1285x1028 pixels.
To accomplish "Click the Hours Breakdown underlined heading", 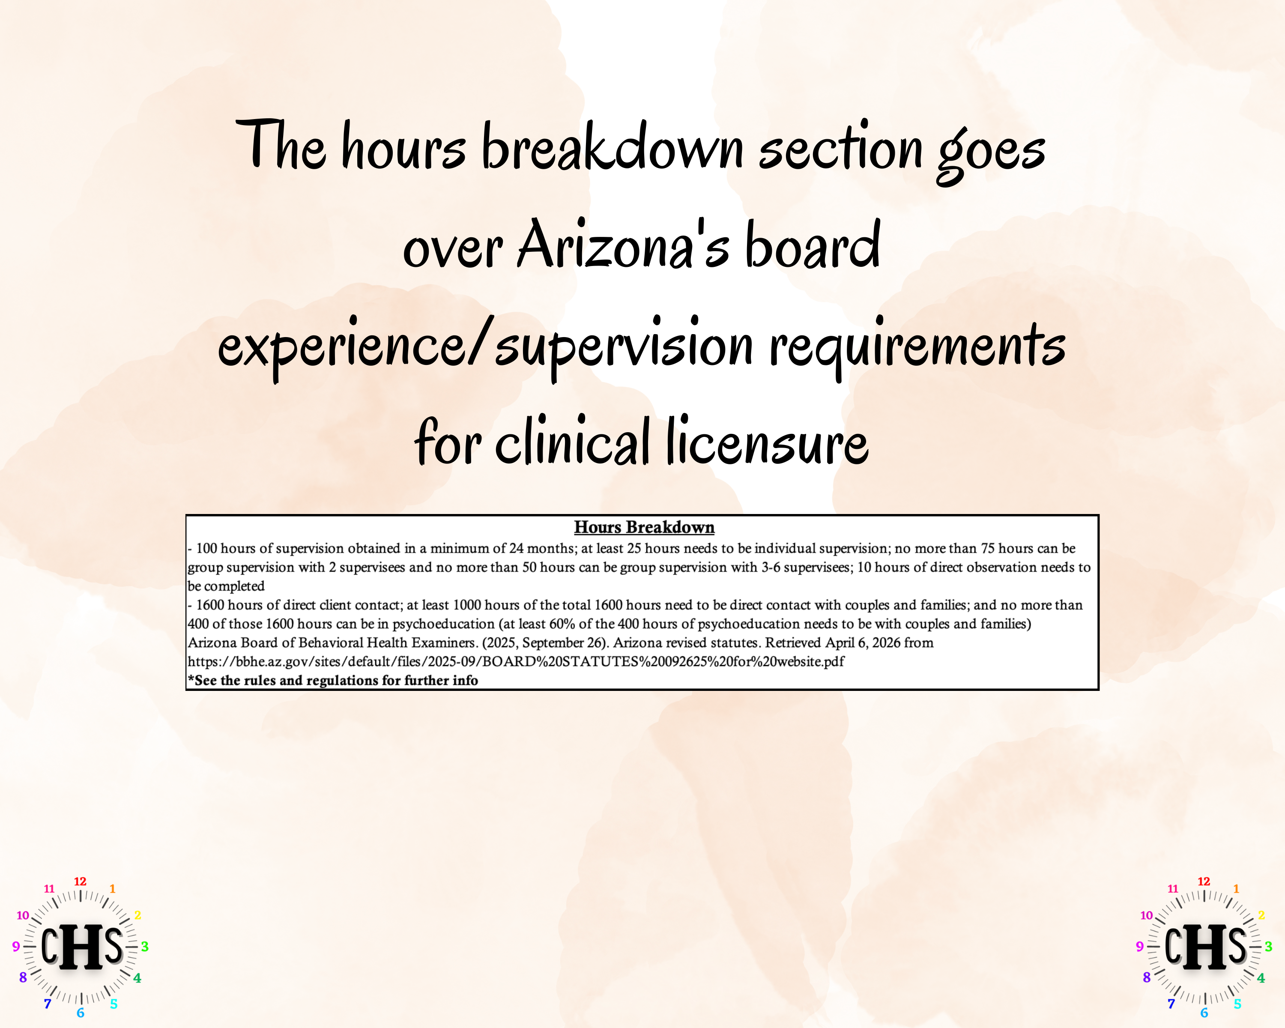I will point(644,527).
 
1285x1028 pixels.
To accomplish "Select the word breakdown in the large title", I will point(613,147).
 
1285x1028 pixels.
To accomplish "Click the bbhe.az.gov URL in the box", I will point(516,661).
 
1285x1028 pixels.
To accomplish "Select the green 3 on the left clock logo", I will point(145,946).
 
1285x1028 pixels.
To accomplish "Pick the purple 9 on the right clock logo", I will point(1139,946).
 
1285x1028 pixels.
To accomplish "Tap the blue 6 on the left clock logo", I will point(81,1013).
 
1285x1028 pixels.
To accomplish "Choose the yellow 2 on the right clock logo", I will point(1261,915).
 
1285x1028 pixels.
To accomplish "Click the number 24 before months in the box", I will point(516,548).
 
